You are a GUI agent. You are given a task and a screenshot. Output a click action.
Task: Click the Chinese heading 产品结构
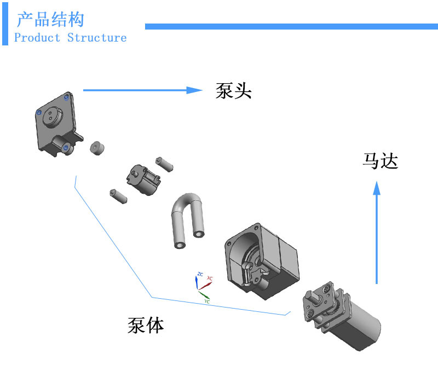click(x=50, y=20)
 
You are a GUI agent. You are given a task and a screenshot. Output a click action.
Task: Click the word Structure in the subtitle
click(x=97, y=38)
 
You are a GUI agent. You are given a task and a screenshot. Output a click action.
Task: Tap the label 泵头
click(x=234, y=90)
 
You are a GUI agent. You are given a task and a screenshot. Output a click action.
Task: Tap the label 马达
click(x=379, y=161)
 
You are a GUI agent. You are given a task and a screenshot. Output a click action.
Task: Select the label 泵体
click(x=146, y=325)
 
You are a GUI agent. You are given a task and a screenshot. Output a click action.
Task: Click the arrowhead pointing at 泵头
click(x=194, y=90)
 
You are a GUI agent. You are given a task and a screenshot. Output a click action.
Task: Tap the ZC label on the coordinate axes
click(x=200, y=274)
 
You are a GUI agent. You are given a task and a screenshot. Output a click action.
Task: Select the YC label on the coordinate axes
click(x=206, y=301)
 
